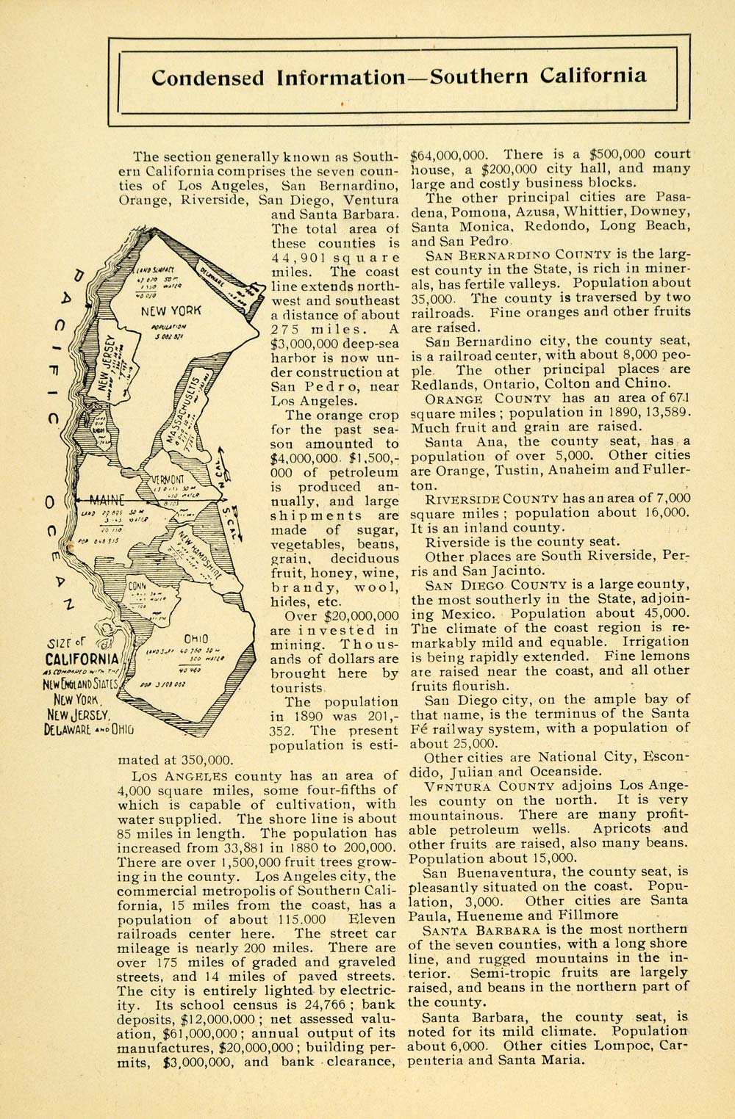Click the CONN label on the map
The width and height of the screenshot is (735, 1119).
pyautogui.click(x=137, y=587)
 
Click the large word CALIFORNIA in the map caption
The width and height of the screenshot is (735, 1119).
pyautogui.click(x=82, y=658)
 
